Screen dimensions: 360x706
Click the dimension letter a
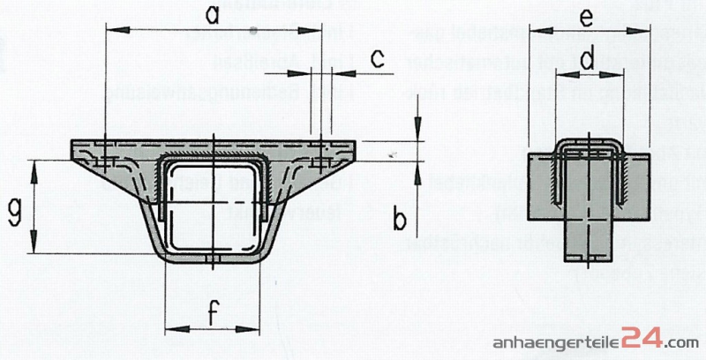point(211,15)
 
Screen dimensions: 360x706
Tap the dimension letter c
point(378,59)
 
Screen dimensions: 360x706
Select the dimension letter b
point(399,219)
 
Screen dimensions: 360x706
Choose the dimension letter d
point(588,60)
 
